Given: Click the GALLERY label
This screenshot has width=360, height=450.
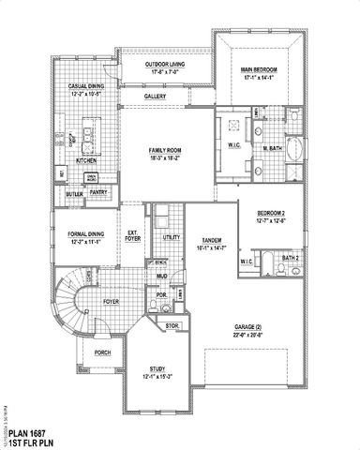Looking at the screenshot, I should [x=156, y=96].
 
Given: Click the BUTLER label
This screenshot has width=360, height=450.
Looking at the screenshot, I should [x=74, y=194].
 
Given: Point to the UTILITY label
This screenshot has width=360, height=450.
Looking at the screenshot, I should [x=171, y=238].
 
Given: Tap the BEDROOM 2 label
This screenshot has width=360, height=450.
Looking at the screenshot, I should [x=272, y=215].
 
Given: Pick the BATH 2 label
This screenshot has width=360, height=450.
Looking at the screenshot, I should [x=291, y=257].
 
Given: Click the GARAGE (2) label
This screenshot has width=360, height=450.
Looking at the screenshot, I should [x=248, y=327].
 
